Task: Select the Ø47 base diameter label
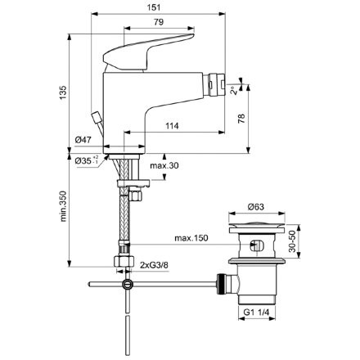[83, 140]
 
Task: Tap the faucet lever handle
[151, 47]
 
